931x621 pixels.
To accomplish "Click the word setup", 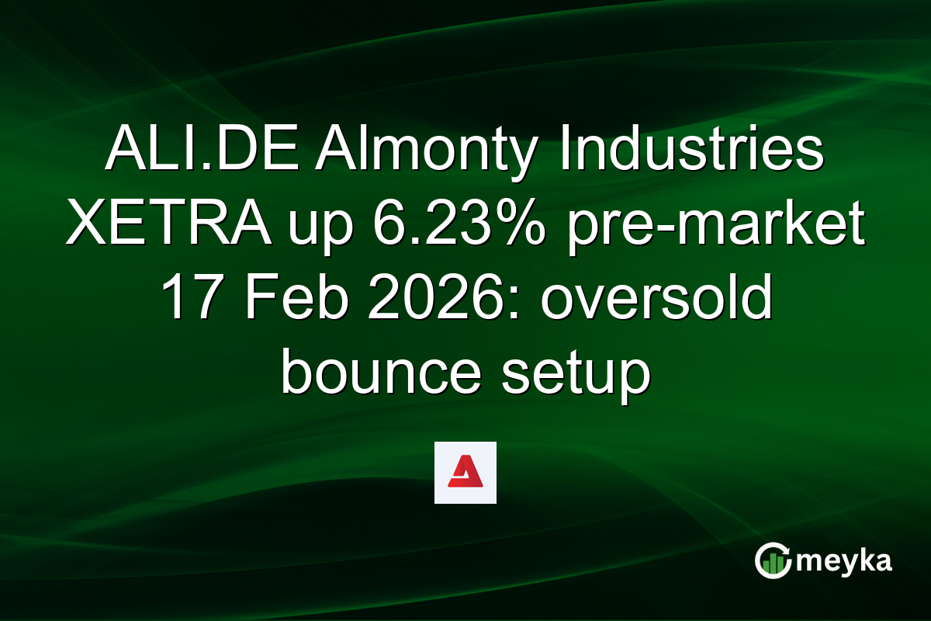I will tap(575, 376).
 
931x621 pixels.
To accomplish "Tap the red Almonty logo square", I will tap(465, 473).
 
